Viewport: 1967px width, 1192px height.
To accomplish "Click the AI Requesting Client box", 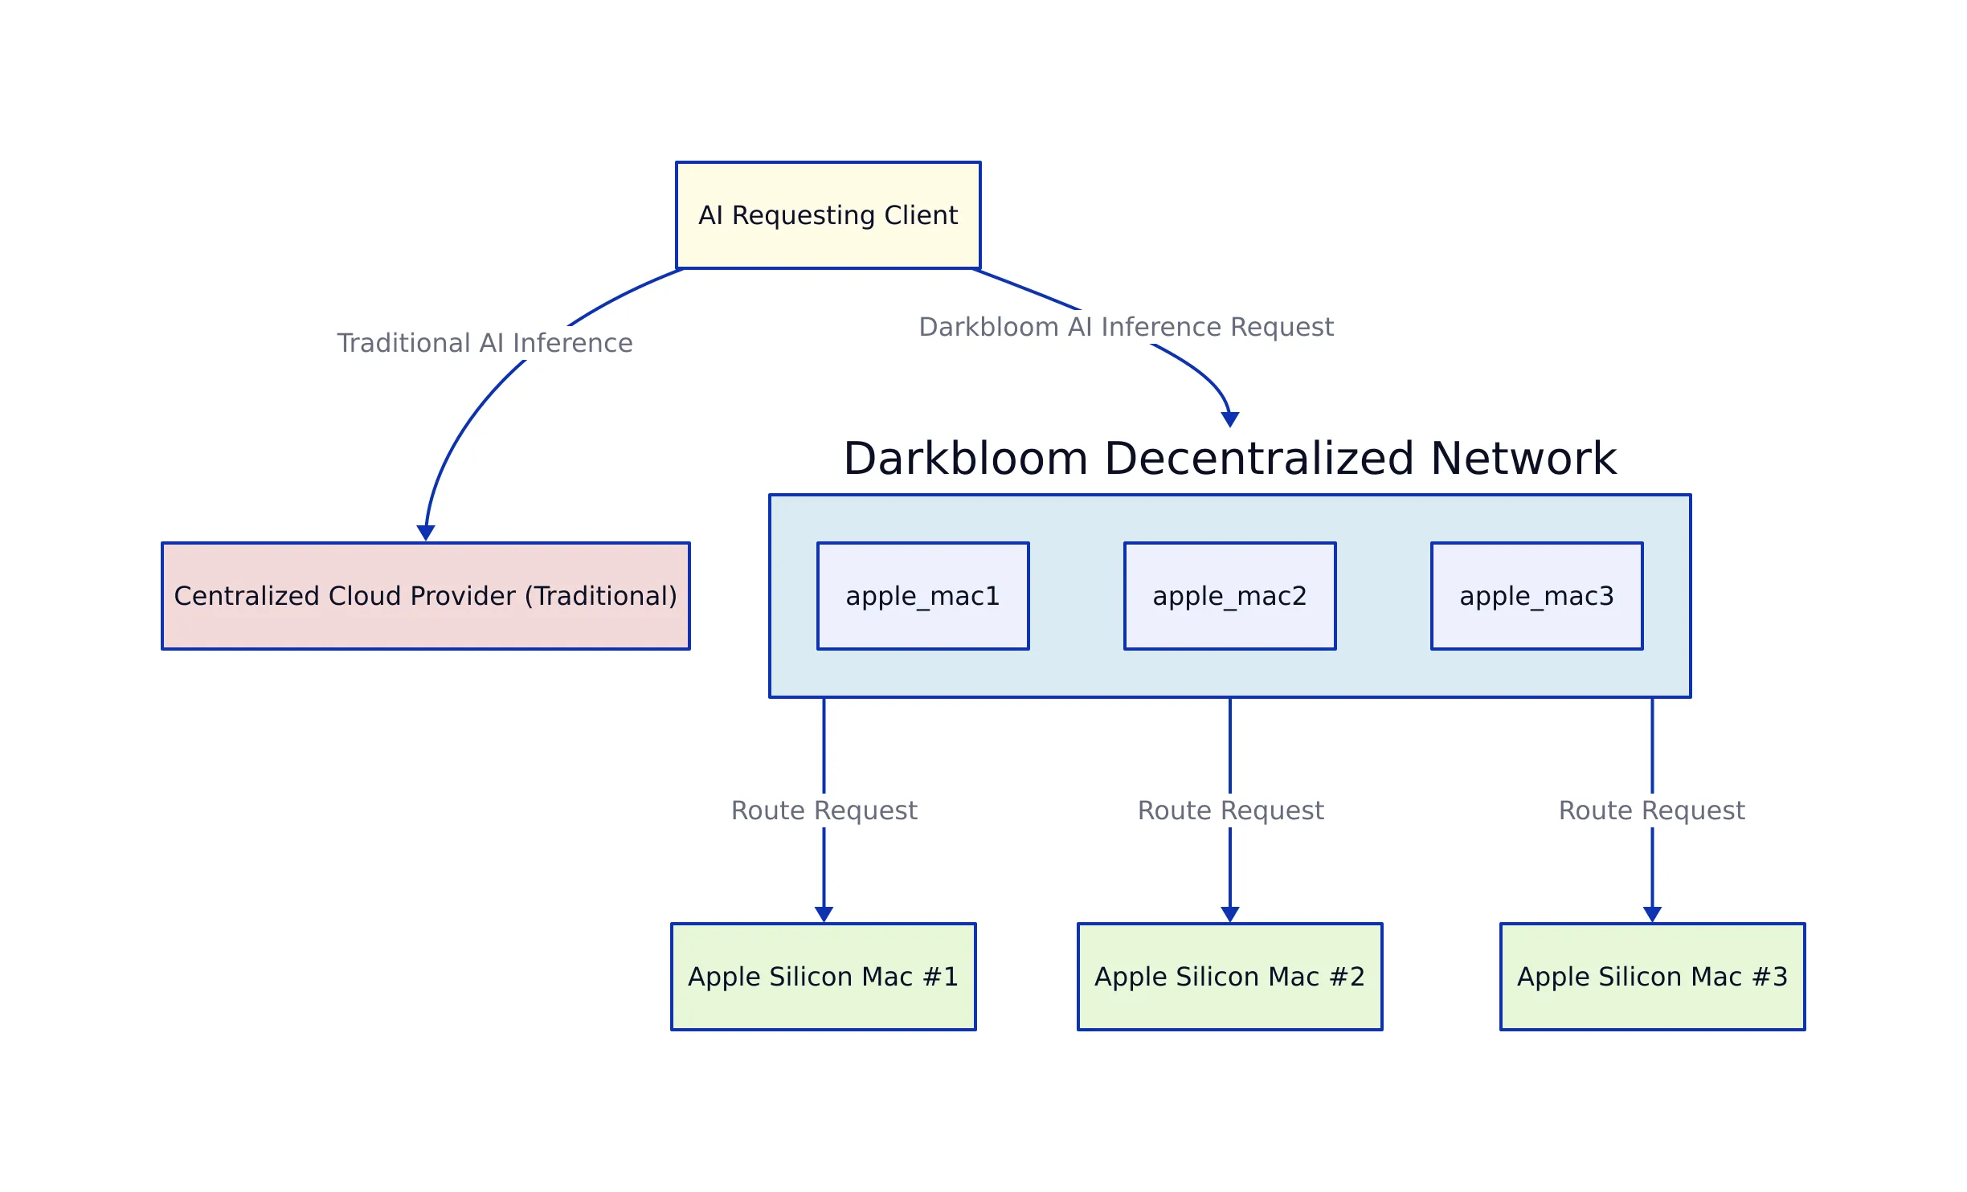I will [828, 215].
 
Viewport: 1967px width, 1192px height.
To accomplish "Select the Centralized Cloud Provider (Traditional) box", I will [425, 596].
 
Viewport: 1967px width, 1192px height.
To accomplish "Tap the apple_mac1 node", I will [922, 596].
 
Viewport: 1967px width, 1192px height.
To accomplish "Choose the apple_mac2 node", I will [1229, 596].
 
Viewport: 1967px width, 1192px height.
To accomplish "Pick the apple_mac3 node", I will [1536, 596].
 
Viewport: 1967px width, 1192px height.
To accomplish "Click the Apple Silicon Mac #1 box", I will [823, 977].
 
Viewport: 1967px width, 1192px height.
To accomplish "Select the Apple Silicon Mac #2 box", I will [1229, 977].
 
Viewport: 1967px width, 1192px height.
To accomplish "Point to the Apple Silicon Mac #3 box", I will [1652, 977].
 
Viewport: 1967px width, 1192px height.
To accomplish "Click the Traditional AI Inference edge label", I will [485, 343].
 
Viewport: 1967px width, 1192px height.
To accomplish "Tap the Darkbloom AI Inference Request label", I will [1126, 327].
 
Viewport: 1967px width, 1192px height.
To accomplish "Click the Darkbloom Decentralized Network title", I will [1229, 459].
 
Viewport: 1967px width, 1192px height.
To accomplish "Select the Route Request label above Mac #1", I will [824, 810].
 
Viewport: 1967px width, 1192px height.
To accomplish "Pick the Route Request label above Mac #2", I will [1230, 810].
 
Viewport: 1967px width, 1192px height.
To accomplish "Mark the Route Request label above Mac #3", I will [1651, 810].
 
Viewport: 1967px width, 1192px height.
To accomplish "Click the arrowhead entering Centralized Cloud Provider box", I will [426, 533].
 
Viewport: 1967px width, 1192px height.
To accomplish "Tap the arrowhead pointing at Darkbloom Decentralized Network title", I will [1229, 419].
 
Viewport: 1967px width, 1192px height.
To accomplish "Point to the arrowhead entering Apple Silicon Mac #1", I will [824, 914].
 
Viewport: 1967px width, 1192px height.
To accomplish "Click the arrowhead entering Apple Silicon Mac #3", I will [1652, 914].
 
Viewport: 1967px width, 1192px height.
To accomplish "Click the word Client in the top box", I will [921, 215].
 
